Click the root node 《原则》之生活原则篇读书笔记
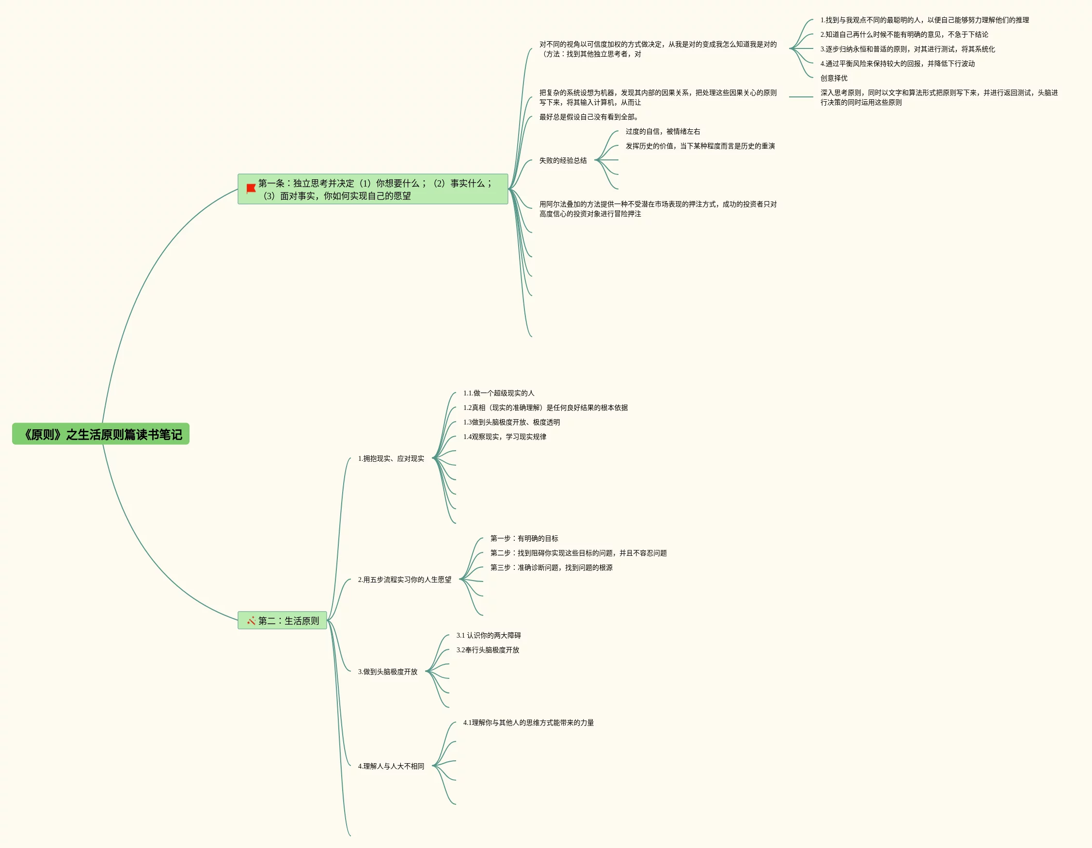(101, 434)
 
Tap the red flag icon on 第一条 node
(251, 188)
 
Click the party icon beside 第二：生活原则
(251, 621)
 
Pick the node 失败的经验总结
(563, 160)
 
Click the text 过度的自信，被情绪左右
(663, 131)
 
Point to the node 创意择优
(834, 78)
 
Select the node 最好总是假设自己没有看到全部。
(588, 117)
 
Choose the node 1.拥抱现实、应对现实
(391, 458)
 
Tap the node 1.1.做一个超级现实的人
(498, 393)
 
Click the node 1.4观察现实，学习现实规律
(505, 437)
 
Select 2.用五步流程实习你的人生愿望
(405, 580)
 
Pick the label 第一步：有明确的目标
(524, 538)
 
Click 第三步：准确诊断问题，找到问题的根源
(551, 567)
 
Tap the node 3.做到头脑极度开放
(387, 672)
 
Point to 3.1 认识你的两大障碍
(489, 635)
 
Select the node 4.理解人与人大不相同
(391, 766)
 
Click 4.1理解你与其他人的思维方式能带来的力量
(528, 722)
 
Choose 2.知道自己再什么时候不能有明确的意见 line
(904, 34)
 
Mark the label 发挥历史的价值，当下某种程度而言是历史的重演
(700, 146)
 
